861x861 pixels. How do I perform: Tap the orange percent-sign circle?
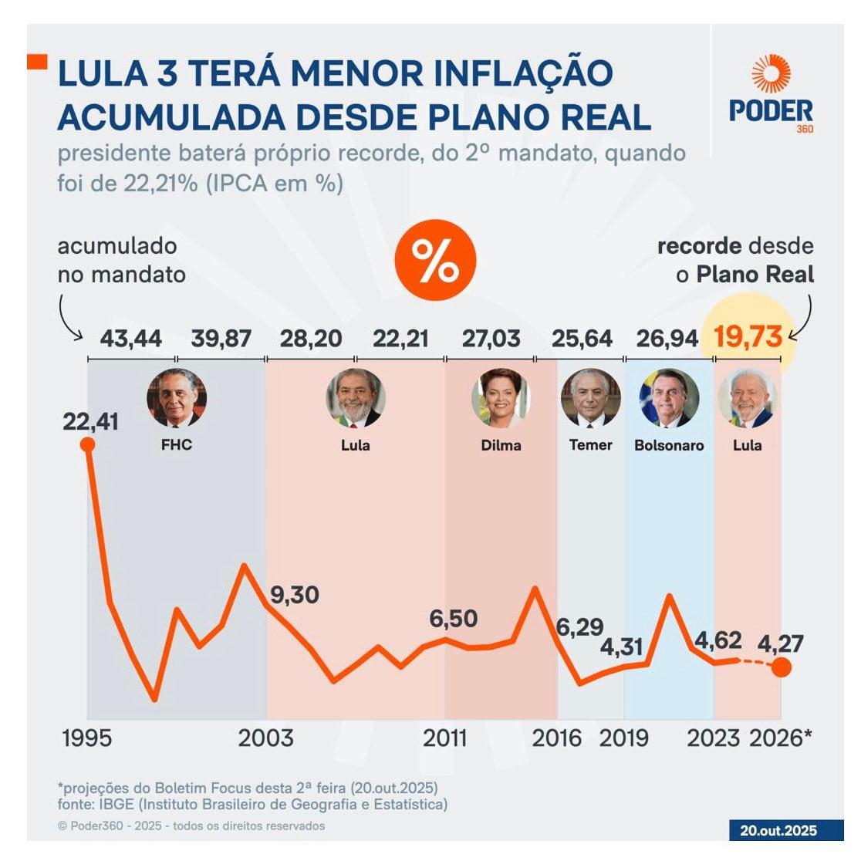point(435,260)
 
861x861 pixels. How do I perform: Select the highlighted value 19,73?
point(748,337)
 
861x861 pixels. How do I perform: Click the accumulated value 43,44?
point(131,338)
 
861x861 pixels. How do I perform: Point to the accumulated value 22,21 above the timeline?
point(400,338)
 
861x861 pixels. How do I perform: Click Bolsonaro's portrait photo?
point(669,398)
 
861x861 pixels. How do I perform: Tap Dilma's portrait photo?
point(501,398)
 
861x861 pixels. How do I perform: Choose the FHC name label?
point(176,445)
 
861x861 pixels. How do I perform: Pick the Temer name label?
point(590,445)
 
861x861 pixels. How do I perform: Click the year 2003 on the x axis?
point(265,738)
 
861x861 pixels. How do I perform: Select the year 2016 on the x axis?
point(556,738)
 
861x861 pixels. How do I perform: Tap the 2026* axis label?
point(781,738)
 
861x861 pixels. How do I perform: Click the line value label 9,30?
point(294,595)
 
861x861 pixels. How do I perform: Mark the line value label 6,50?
point(453,619)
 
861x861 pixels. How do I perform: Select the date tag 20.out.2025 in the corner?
point(778,831)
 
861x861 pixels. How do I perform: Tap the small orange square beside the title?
point(37,62)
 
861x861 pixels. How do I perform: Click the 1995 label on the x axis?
point(86,738)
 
